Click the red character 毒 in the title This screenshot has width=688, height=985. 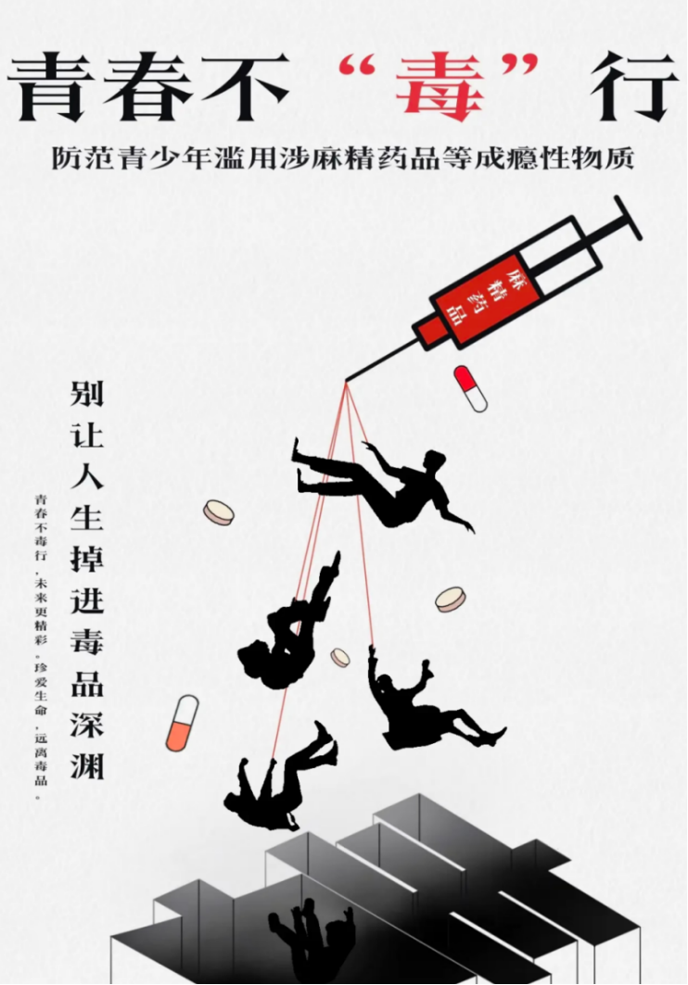click(x=439, y=87)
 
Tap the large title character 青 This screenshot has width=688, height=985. click(x=49, y=87)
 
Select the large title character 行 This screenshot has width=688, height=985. click(x=634, y=87)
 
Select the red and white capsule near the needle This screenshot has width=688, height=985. click(x=471, y=389)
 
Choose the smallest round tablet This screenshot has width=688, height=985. click(x=340, y=657)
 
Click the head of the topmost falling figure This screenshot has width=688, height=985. click(x=434, y=464)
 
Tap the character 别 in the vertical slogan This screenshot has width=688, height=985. click(x=87, y=394)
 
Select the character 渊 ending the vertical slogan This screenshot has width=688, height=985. click(x=87, y=764)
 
